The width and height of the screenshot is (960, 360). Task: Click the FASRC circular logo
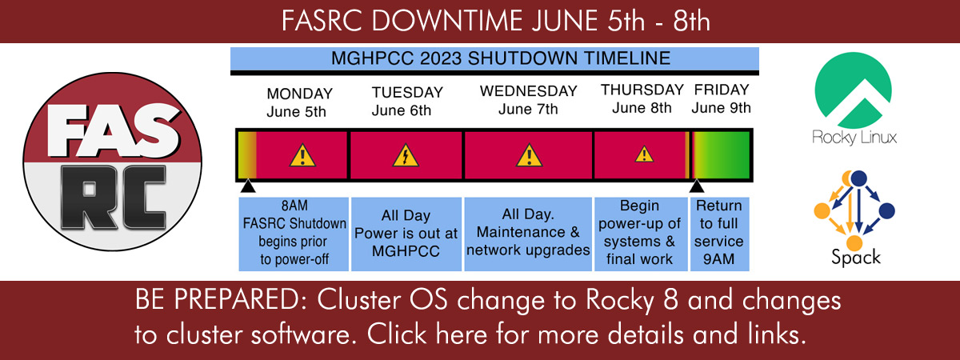coord(112,162)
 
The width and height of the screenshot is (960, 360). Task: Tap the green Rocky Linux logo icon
coord(854,90)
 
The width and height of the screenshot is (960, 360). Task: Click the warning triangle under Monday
coord(302,155)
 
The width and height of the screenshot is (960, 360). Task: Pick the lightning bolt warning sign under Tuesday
coord(406,155)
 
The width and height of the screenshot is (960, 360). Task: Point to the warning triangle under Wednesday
coord(530,155)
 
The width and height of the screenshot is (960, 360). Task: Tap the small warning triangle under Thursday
coord(644,154)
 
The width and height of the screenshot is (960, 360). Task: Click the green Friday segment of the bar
coord(722,155)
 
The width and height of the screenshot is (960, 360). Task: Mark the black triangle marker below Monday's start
coord(248,186)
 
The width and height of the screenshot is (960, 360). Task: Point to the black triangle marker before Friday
coord(697,186)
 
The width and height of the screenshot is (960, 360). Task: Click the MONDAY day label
coord(299,94)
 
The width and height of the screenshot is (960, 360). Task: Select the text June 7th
coord(528,110)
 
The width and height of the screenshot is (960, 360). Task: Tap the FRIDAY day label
coord(722,90)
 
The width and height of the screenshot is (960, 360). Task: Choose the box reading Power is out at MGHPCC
coord(406,234)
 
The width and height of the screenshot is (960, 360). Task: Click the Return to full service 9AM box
coord(719,234)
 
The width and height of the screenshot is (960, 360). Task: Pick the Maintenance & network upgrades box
coord(528,234)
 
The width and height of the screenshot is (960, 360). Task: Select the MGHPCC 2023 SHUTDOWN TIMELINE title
coord(501,58)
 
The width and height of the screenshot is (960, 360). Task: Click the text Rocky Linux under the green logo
coord(854,138)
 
